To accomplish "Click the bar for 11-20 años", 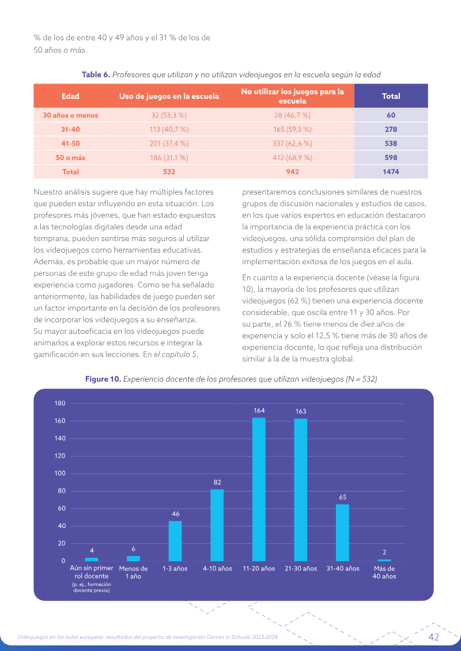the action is [x=259, y=489].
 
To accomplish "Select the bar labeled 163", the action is [x=301, y=489].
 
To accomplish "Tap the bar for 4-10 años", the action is [x=217, y=525].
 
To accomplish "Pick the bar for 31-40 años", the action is [x=342, y=532].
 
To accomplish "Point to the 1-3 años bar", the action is [x=175, y=541].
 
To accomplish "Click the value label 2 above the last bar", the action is [x=384, y=552].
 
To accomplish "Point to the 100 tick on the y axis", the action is [x=61, y=473].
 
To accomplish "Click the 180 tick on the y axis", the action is [x=61, y=403].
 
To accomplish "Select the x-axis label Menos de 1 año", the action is [x=134, y=572].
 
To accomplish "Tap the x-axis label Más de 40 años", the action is [x=384, y=572].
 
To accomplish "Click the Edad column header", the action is [x=70, y=96].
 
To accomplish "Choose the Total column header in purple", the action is [x=391, y=96].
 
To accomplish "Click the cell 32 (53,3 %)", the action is [x=169, y=116].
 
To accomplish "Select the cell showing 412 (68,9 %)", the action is [x=292, y=158].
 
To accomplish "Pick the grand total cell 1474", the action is [x=391, y=172].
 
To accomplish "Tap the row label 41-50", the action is [x=70, y=144].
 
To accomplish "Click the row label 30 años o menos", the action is [x=70, y=116].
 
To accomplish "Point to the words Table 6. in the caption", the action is [x=96, y=75].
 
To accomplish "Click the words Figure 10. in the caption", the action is [x=103, y=379].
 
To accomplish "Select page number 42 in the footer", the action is [x=433, y=637].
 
